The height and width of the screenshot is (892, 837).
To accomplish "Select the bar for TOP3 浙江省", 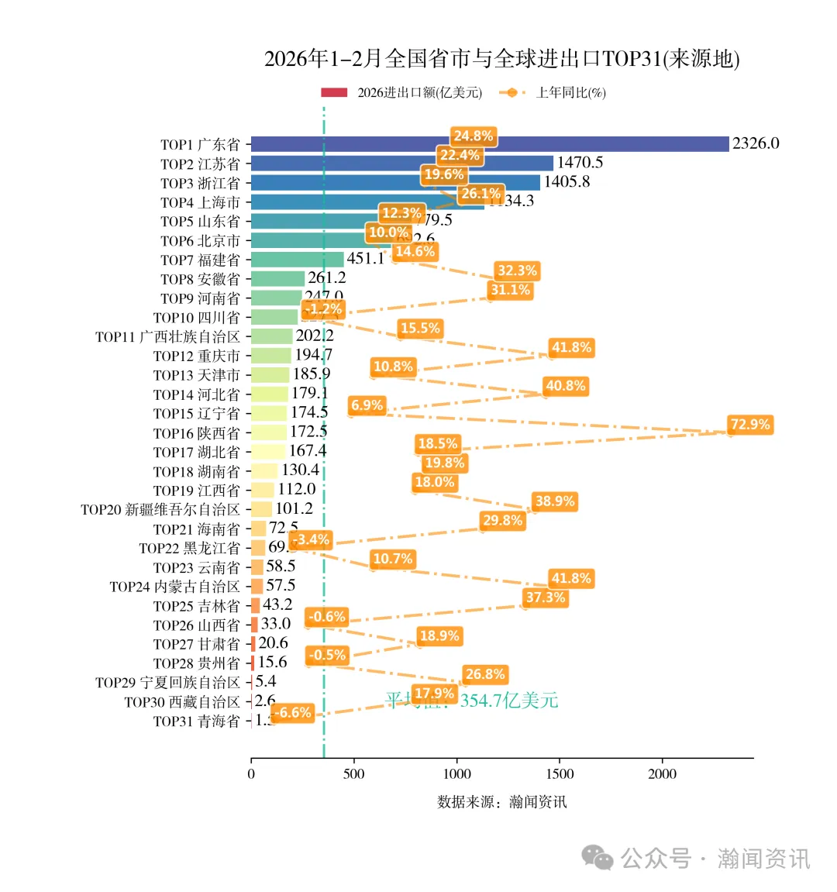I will point(395,183).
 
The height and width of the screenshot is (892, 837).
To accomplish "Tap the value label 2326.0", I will point(756,143).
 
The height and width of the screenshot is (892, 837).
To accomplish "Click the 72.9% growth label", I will point(750,425).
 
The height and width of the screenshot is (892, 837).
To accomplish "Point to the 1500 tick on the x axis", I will point(560,774).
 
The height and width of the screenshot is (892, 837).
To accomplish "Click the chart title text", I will point(501,59).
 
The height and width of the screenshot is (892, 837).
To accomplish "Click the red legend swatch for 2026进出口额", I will point(334,93).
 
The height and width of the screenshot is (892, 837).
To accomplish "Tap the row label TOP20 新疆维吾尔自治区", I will point(160,510).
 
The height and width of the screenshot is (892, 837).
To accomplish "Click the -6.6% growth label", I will point(293,713).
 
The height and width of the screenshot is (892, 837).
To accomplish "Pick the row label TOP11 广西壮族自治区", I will point(167,337).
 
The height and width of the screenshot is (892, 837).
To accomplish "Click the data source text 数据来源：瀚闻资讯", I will point(501,802).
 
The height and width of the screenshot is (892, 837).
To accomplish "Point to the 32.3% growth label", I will point(517,271).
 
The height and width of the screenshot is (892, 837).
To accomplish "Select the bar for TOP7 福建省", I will point(298,260).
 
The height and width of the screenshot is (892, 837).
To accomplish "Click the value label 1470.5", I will point(580,163).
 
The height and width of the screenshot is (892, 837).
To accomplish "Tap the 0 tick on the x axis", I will point(251,774).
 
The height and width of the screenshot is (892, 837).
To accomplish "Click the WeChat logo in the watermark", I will point(598,857).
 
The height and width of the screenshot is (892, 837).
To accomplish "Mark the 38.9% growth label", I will point(555,501).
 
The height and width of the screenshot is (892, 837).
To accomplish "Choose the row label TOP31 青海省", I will point(196,722).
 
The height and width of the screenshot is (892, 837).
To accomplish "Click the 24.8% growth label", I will point(473,136).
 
